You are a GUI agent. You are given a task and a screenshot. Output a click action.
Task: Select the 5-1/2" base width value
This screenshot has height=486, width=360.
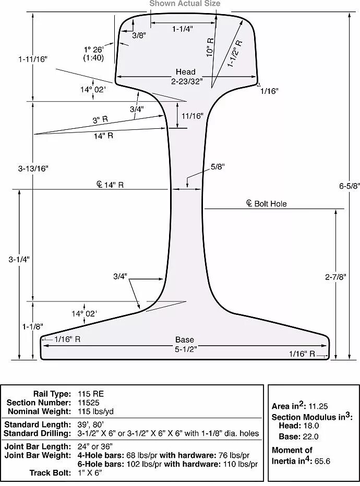[x=185, y=349]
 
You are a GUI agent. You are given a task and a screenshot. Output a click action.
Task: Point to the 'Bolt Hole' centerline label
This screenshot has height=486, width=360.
[x=270, y=204]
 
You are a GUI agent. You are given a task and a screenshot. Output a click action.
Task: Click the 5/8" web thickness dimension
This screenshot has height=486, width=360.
[x=218, y=167]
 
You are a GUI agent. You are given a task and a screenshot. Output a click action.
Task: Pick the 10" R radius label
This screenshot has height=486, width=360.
[x=210, y=47]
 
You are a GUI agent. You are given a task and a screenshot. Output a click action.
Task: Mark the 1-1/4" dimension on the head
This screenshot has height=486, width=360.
[x=183, y=29]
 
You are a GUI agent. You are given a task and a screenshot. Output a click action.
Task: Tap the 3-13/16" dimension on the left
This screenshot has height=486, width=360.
[x=33, y=168]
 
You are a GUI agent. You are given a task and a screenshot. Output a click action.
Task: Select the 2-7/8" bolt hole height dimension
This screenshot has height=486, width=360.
[x=335, y=277]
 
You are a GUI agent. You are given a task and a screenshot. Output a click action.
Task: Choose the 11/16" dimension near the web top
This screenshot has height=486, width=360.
[x=192, y=116]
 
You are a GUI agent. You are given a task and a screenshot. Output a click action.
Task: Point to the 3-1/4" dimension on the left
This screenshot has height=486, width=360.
[x=19, y=259]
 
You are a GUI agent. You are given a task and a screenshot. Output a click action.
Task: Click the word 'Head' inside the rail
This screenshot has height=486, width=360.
[x=185, y=72]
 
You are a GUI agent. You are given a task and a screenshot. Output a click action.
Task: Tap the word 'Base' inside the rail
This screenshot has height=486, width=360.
[x=185, y=340]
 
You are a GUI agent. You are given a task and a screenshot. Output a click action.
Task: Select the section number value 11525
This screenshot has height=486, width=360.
[x=89, y=403]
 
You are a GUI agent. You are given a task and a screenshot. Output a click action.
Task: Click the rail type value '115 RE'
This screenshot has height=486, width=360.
[x=91, y=394]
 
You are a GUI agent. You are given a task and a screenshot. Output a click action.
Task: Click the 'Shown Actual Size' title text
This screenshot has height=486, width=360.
[x=185, y=4]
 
